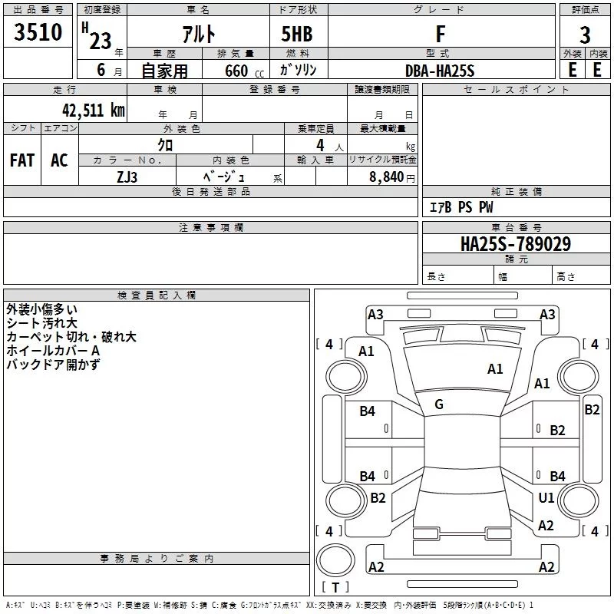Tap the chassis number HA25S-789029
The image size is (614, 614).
click(x=515, y=244)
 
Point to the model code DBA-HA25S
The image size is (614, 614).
click(x=441, y=70)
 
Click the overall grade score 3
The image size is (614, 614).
click(x=585, y=35)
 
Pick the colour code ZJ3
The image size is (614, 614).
click(x=127, y=176)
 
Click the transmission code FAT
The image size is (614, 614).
click(x=22, y=160)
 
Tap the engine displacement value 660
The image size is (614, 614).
click(x=236, y=71)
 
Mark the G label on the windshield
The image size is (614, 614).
click(x=439, y=404)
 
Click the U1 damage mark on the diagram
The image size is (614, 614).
click(x=546, y=498)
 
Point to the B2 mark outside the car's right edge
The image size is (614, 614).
click(x=592, y=410)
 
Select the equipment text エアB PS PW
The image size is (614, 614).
click(x=460, y=207)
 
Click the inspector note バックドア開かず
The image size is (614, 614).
click(x=53, y=365)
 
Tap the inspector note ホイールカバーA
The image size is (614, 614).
click(x=53, y=351)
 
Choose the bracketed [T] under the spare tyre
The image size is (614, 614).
click(x=335, y=587)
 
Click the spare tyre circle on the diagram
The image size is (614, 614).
click(x=335, y=560)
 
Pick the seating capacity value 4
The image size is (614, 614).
click(x=319, y=145)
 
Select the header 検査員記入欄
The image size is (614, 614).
click(x=157, y=295)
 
